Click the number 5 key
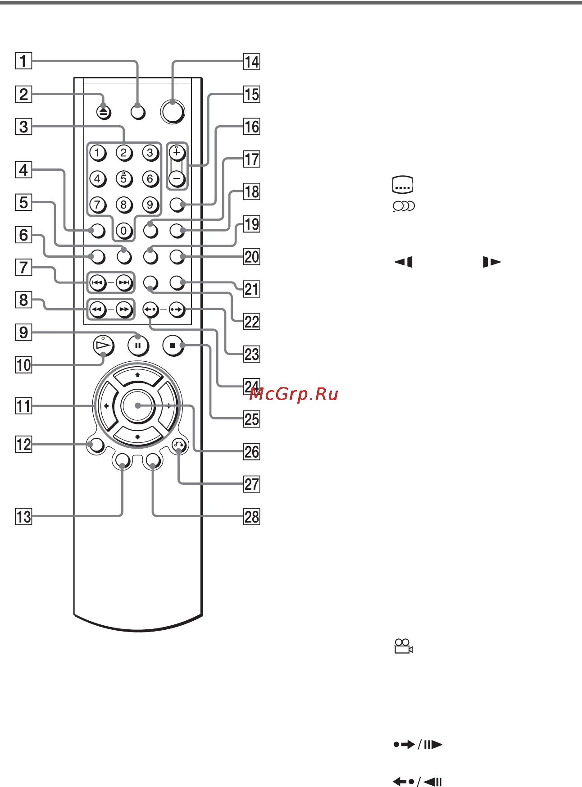pos(123,179)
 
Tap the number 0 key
pos(123,231)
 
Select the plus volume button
pos(177,153)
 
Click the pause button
pos(138,346)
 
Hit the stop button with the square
pos(173,346)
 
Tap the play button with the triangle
pos(103,346)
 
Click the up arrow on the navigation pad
pos(137,375)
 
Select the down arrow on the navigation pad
pos(137,437)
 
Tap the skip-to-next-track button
pos(123,283)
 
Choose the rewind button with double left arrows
pos(97,309)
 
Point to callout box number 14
pos(252,62)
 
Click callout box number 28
pos(252,517)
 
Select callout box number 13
pos(23,517)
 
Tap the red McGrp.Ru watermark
pos(293,394)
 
